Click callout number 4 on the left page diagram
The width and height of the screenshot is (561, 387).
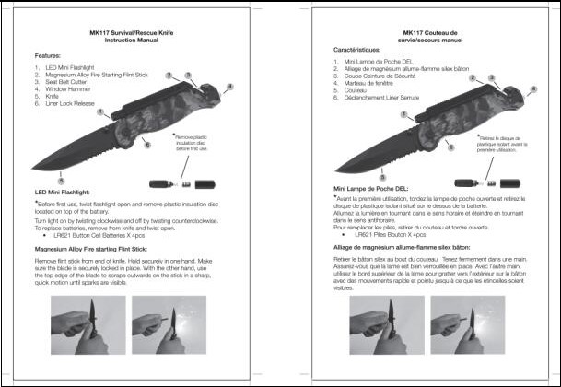pyautogui.click(x=228, y=88)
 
